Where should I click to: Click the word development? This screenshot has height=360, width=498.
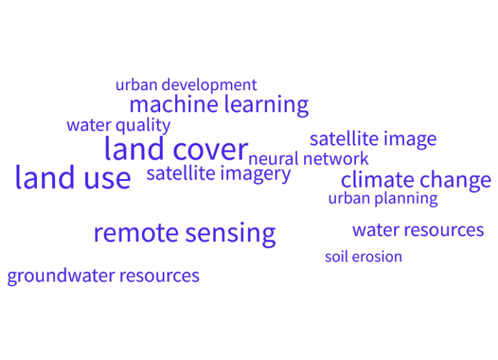coord(209,85)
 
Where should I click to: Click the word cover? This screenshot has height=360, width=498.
coord(209,149)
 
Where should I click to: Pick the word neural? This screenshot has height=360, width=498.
coord(274,159)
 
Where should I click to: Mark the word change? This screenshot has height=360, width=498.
coord(455,180)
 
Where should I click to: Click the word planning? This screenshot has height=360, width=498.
coord(407,198)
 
